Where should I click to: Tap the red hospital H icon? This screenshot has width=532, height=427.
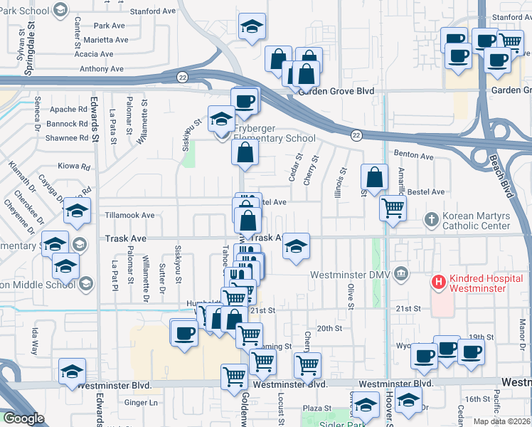[x=439, y=283]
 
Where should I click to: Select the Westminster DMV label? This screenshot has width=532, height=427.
[x=351, y=275]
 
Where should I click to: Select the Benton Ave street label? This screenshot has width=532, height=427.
[x=414, y=156]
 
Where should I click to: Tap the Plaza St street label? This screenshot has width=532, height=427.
[x=314, y=408]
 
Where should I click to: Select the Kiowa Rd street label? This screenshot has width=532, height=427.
[x=75, y=167]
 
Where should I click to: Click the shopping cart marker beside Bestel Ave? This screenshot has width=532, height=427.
[x=393, y=209]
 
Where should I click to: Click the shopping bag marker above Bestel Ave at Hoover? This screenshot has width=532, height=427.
[x=374, y=177]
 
